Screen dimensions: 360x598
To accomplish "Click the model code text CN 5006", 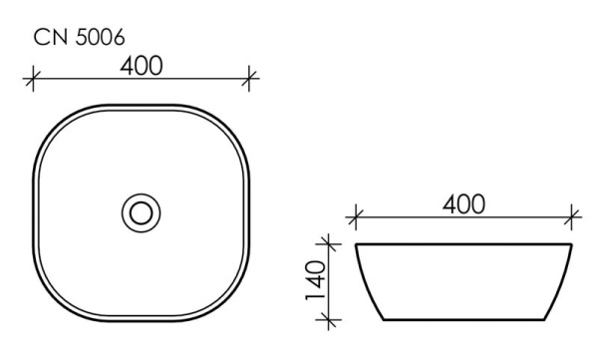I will pos(79,38).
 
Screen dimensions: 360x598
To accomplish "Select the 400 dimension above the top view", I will pos(143,65).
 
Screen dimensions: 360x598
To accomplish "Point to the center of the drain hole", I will pos(141,211).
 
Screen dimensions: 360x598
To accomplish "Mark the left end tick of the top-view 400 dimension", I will pos(34,77).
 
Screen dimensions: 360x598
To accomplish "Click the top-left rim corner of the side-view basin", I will pos(357,244).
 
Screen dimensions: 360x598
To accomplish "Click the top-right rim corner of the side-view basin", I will pos(570,244).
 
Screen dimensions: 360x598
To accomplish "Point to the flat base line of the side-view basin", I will pos(463,320).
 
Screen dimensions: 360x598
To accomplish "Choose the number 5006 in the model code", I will pos(96,38).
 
